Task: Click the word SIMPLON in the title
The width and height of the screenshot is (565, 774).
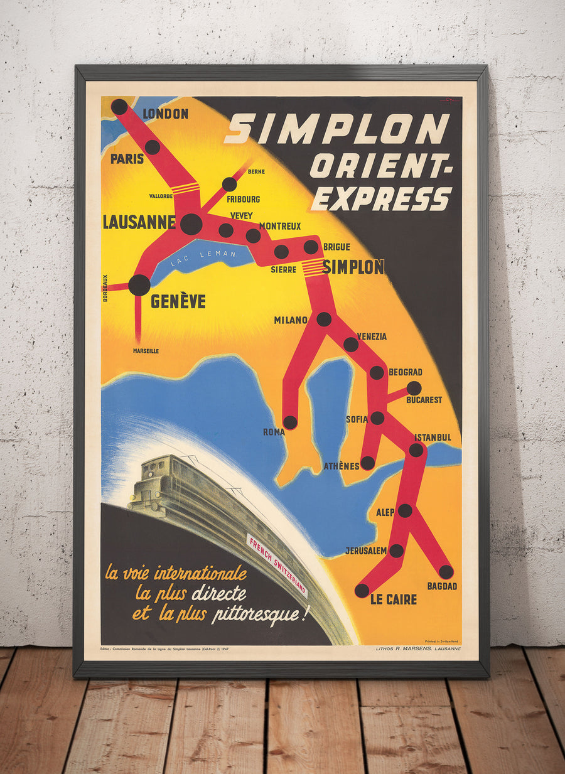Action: [x=336, y=129]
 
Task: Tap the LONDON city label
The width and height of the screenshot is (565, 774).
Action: [x=166, y=114]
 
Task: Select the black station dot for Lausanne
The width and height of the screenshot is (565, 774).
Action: [x=191, y=224]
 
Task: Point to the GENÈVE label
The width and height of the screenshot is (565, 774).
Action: [x=178, y=302]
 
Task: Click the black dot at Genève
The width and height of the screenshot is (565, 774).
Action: [x=139, y=285]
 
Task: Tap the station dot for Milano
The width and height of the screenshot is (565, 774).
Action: [x=324, y=319]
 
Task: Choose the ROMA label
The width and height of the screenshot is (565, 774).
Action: [x=274, y=432]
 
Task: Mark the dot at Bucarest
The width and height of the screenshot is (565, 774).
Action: [x=414, y=388]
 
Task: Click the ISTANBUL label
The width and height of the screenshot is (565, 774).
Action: [x=433, y=437]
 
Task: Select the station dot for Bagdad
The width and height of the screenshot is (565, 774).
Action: [x=446, y=572]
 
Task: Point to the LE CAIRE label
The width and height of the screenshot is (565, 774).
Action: [x=394, y=599]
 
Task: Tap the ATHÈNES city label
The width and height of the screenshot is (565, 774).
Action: [x=342, y=466]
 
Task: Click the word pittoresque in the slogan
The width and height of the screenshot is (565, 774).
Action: [x=261, y=614]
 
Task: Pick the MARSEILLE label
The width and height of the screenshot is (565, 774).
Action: [x=146, y=351]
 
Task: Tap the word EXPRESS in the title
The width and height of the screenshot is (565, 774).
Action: [x=381, y=198]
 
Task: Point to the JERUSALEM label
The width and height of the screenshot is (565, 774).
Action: [x=366, y=551]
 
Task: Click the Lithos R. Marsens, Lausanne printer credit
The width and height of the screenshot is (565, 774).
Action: [x=417, y=648]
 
